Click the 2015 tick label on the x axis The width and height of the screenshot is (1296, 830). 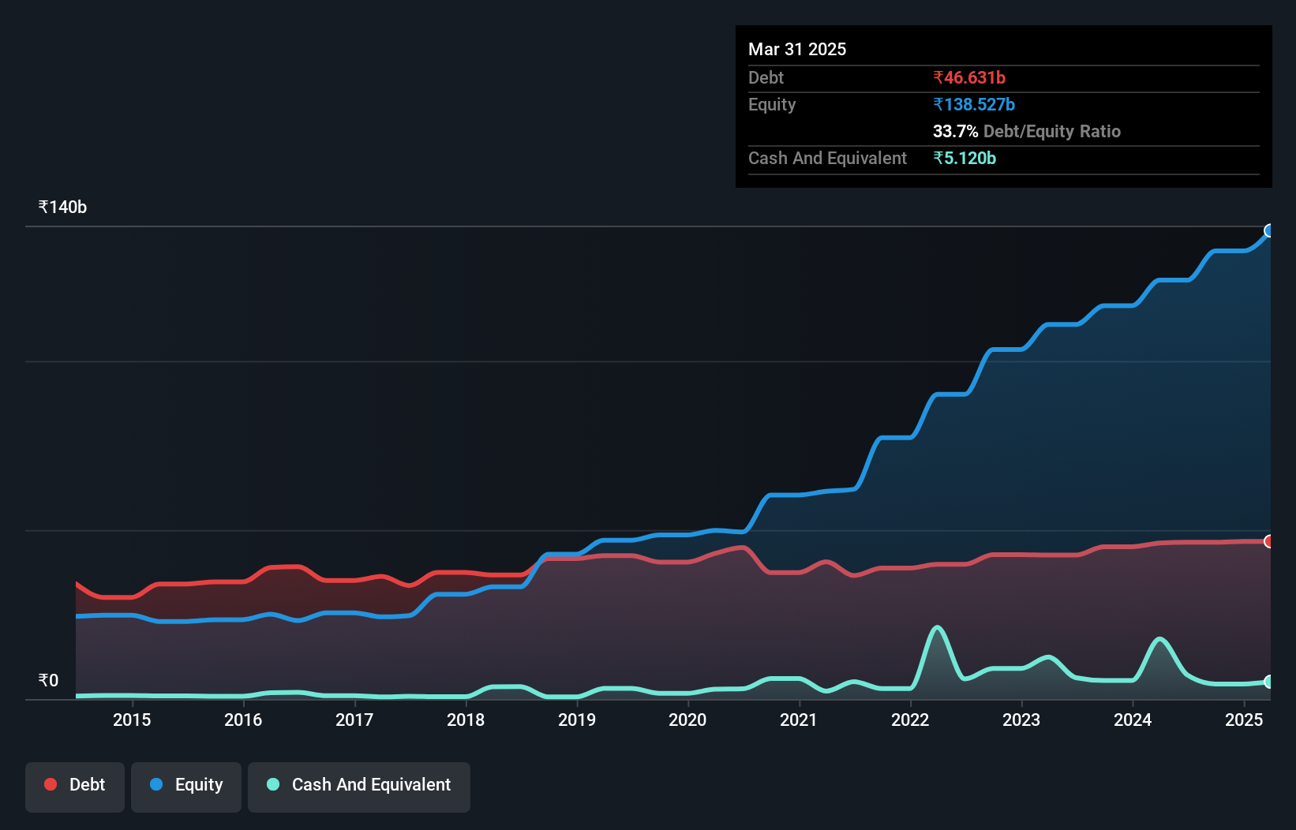pos(132,720)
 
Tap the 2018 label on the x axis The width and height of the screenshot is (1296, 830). pos(466,720)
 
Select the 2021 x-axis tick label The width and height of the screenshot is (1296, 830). pos(799,720)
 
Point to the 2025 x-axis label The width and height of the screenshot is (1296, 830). pos(1244,720)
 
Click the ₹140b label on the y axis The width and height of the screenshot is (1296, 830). pos(62,207)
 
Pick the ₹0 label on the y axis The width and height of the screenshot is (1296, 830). pos(48,680)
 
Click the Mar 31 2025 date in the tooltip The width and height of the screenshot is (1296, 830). pos(797,49)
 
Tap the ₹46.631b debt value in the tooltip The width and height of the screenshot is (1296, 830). pos(969,77)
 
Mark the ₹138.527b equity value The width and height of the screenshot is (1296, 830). pos(974,104)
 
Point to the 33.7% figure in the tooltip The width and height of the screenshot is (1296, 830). pos(955,131)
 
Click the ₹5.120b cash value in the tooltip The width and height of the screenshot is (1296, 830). pos(965,158)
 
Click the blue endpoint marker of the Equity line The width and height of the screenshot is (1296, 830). pos(1269,230)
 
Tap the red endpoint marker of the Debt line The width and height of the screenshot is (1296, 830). pos(1269,541)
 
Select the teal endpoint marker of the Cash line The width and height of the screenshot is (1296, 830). pos(1269,682)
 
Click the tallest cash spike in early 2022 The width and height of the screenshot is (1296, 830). pos(937,628)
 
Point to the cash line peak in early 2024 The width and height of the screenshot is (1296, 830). pos(1159,639)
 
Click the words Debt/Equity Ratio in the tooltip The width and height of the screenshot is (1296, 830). pos(1051,131)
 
